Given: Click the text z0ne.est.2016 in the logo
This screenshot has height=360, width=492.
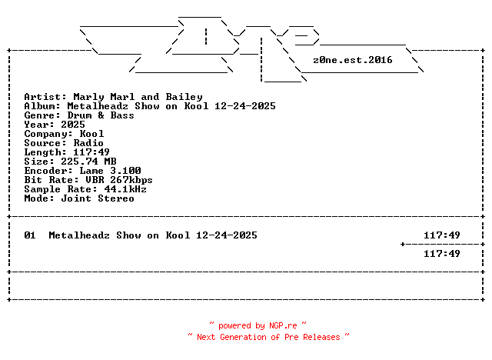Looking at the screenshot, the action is [353, 60].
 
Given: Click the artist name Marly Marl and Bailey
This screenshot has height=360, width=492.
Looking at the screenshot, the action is [138, 97].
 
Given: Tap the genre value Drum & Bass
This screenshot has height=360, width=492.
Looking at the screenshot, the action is [101, 115].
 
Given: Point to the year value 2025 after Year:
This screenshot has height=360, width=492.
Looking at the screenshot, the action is [73, 125].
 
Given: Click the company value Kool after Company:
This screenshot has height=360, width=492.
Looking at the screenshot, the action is [91, 134].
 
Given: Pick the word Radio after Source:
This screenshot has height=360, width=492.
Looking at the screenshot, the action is [88, 143].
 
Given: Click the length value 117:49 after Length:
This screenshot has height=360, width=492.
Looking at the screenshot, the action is [91, 152].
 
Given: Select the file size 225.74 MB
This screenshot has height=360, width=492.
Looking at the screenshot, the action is [88, 162].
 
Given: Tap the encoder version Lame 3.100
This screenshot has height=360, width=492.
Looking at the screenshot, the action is [110, 171].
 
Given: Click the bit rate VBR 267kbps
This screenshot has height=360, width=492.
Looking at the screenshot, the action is [119, 180].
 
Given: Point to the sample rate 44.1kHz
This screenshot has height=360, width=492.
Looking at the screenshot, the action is [125, 189].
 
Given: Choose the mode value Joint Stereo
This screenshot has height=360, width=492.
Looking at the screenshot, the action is [98, 198].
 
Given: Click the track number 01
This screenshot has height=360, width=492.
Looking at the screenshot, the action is [30, 235].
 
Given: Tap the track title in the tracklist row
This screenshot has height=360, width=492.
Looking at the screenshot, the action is [153, 235].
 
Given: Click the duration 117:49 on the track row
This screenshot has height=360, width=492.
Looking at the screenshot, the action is [442, 235].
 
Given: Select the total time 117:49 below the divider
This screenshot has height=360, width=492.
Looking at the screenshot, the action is [442, 254].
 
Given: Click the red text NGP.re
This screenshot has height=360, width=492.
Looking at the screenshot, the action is [283, 326].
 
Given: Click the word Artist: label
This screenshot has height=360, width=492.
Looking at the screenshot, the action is [45, 97].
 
